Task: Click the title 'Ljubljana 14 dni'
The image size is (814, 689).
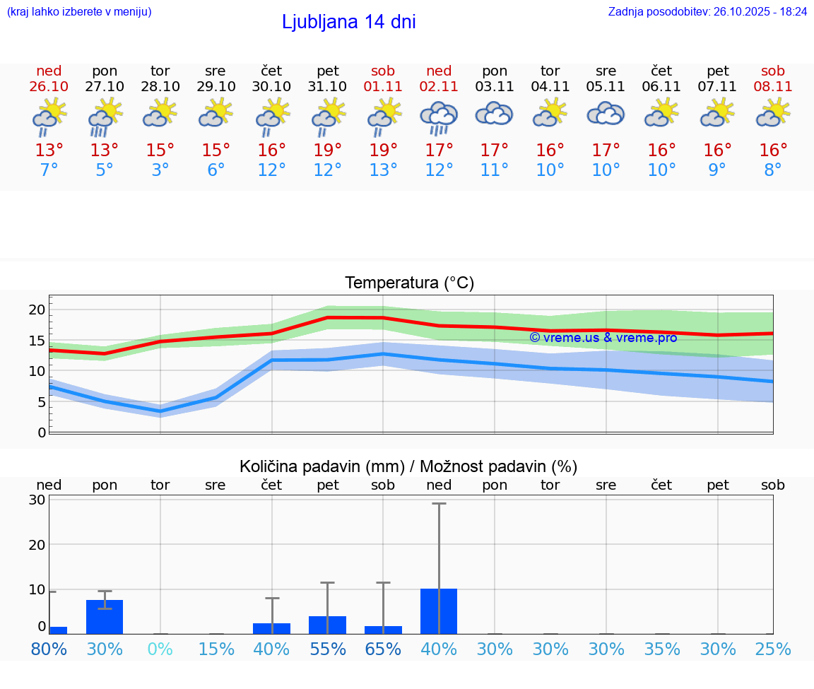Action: point(348,22)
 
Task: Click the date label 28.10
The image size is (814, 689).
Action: point(160,86)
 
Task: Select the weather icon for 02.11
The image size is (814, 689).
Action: point(439,117)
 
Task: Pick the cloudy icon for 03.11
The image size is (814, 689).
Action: point(494,114)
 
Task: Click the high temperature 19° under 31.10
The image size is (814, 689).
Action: point(327,151)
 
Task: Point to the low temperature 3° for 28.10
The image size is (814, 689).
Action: point(160,170)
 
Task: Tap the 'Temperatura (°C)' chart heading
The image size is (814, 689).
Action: point(409,283)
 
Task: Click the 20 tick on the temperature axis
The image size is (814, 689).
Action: point(37,310)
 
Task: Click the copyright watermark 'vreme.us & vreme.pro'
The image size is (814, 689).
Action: point(603,338)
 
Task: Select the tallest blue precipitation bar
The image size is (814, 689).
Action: point(439,611)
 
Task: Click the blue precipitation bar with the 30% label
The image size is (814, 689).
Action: point(105,617)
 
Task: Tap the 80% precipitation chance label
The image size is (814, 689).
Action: point(49,649)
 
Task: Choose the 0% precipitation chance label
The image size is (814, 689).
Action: point(160,649)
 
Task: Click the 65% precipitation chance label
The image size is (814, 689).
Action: point(383,649)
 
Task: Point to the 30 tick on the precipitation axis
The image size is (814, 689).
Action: point(37,500)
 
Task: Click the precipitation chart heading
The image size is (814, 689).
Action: point(408,466)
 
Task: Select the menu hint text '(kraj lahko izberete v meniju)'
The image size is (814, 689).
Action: point(79,11)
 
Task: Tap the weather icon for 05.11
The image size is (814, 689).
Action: point(606,114)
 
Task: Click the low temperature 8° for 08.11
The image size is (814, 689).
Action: point(773,170)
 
